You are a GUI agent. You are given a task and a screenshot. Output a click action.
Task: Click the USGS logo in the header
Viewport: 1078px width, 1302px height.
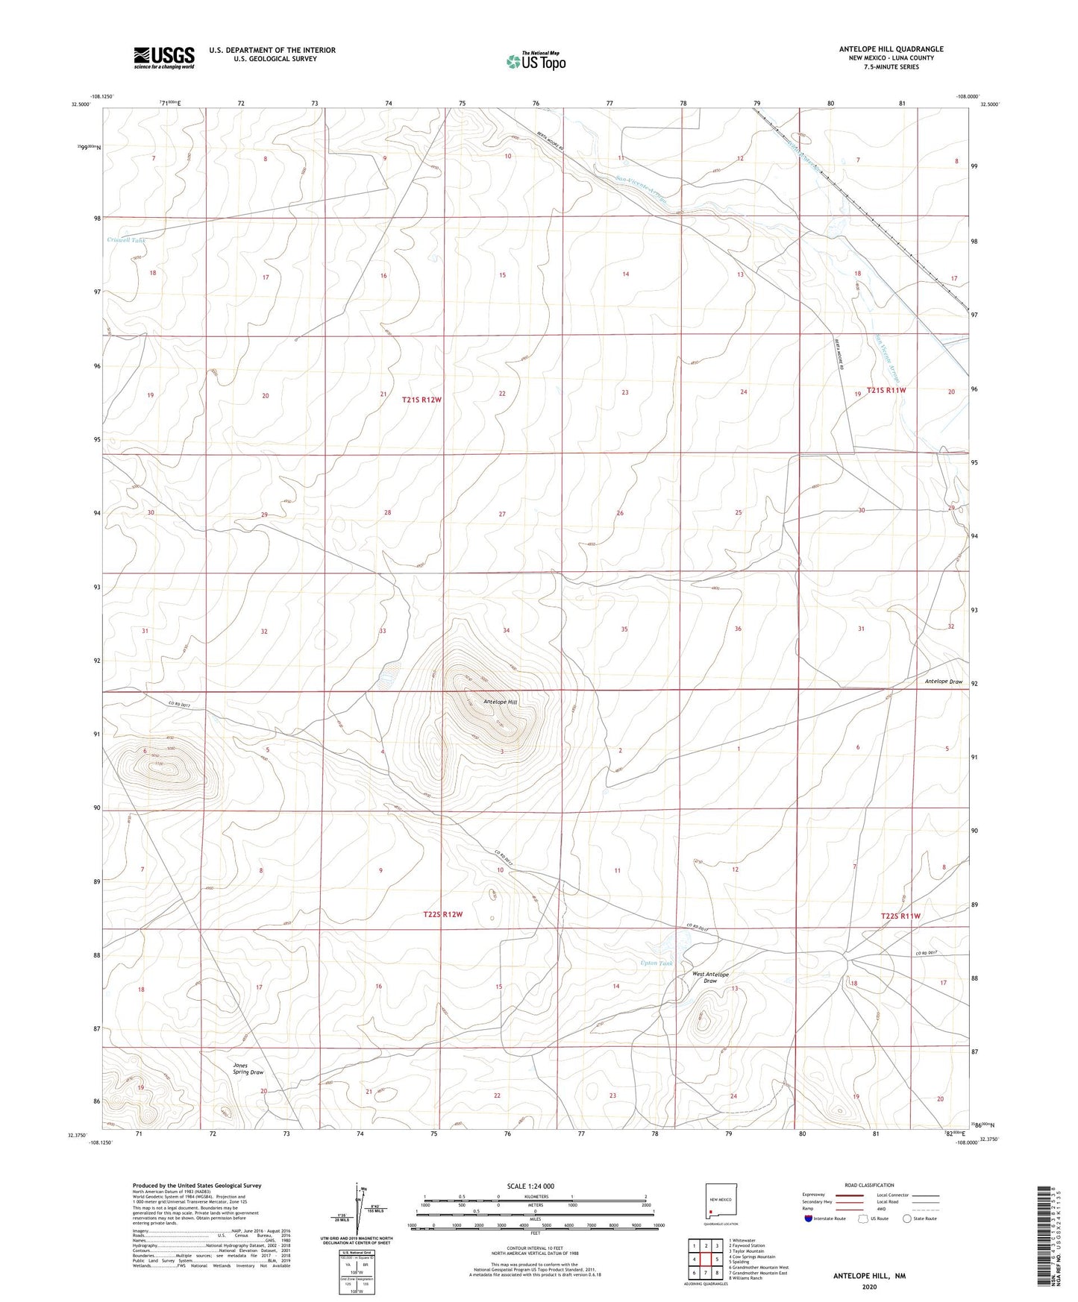(164, 57)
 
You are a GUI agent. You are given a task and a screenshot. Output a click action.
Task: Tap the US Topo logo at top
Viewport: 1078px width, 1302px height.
(535, 61)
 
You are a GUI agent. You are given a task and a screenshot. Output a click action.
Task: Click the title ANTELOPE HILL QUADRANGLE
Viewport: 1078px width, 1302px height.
(880, 49)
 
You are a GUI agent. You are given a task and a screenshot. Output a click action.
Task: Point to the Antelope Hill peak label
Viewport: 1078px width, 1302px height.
(500, 702)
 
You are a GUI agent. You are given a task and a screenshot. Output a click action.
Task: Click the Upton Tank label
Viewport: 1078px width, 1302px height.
(656, 963)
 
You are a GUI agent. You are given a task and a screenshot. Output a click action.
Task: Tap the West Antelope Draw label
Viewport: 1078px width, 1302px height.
(710, 978)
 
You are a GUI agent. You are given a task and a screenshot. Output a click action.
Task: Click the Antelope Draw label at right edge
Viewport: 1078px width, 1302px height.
(944, 682)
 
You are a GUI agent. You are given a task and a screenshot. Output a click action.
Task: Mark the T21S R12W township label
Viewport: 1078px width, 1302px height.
(422, 400)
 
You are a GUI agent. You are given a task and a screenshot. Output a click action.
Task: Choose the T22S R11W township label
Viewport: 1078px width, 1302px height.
(900, 916)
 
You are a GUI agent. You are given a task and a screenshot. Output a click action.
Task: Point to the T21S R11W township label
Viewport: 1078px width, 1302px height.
(886, 390)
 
